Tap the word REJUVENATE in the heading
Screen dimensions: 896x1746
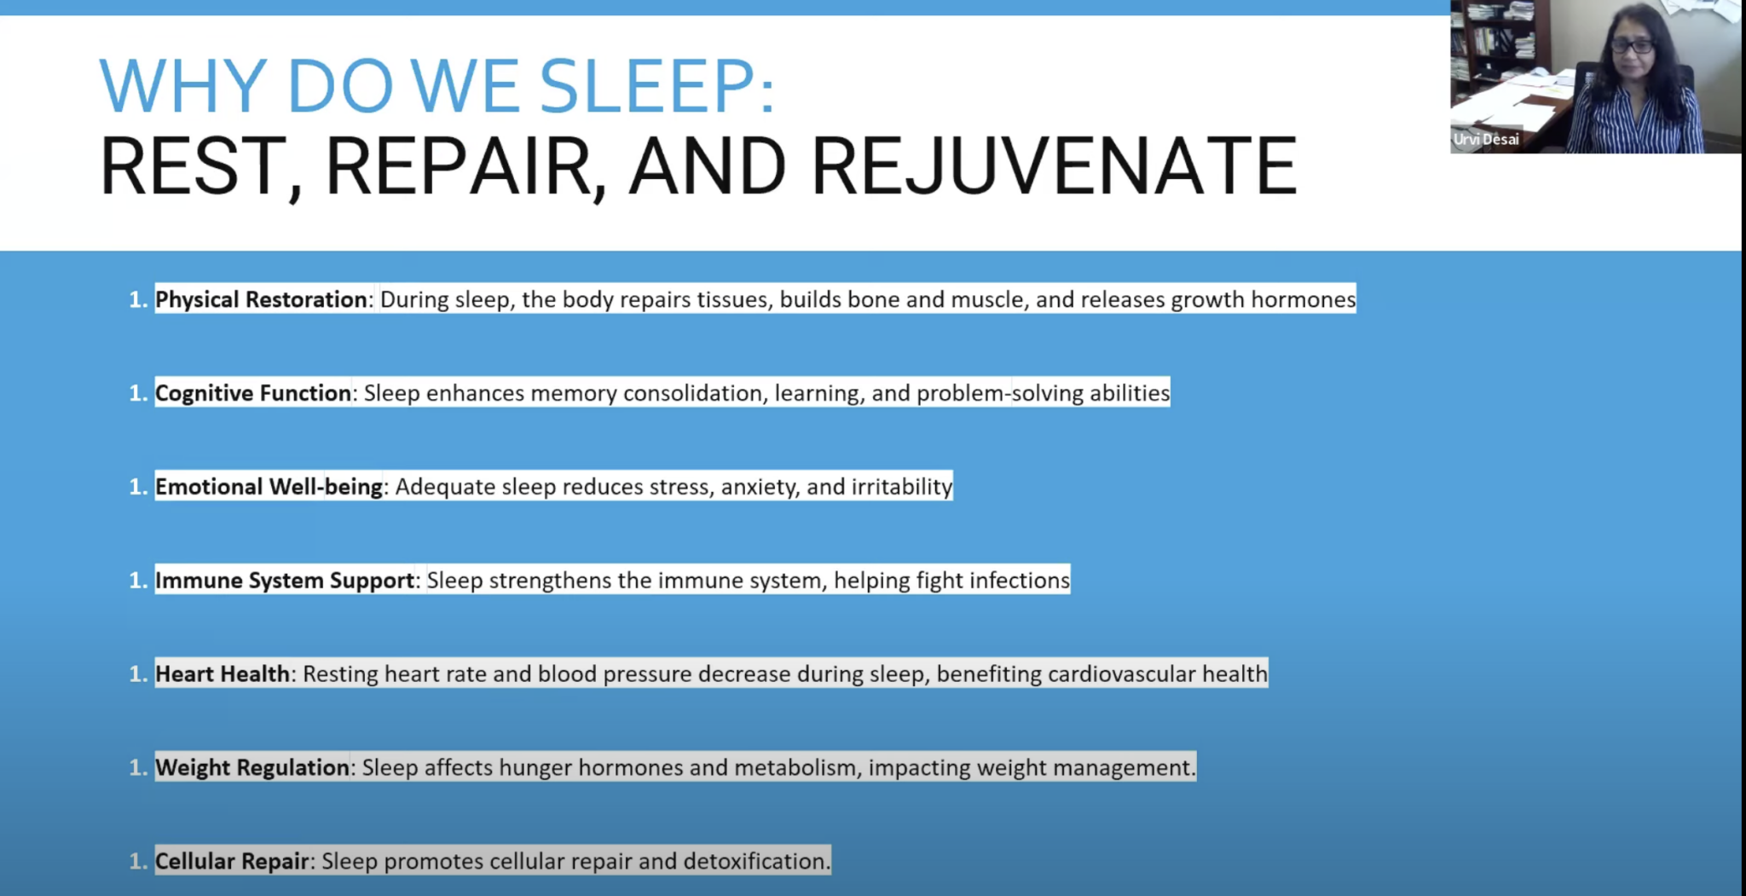(1054, 166)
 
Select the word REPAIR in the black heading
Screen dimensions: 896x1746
(458, 166)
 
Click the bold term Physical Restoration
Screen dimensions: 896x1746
(261, 299)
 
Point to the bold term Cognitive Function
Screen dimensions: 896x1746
(253, 393)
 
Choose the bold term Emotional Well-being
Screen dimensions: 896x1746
(269, 487)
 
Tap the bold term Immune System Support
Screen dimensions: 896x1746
(285, 581)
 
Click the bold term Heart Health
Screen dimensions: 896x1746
(223, 674)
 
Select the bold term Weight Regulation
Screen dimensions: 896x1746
(252, 768)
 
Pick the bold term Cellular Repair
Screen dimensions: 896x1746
(232, 862)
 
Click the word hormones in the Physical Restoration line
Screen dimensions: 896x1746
(1304, 299)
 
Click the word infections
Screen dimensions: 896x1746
(1018, 581)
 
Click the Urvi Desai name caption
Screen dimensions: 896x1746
(1487, 140)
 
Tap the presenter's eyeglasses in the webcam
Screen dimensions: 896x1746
(1632, 45)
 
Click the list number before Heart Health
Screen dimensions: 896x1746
(138, 674)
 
